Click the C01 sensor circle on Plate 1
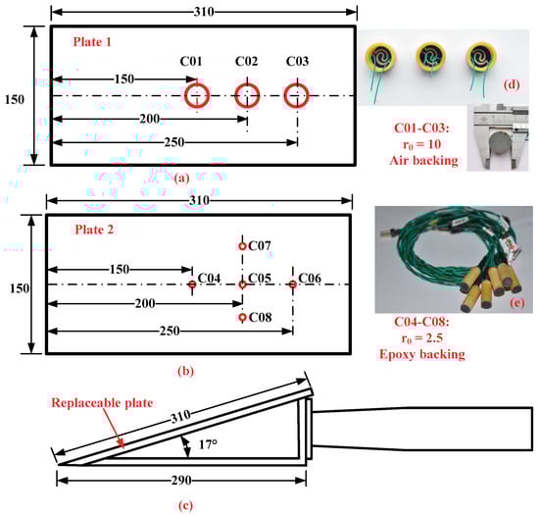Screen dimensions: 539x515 185,95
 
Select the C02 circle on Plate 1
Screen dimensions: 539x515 236,95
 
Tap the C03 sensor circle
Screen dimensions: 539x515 285,95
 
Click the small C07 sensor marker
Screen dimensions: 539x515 242,243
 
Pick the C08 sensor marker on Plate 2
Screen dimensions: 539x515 242,313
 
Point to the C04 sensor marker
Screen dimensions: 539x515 192,282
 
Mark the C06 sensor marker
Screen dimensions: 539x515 293,282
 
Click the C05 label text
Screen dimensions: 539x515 260,278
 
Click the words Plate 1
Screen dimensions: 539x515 92,42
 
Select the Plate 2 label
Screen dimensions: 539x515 94,230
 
